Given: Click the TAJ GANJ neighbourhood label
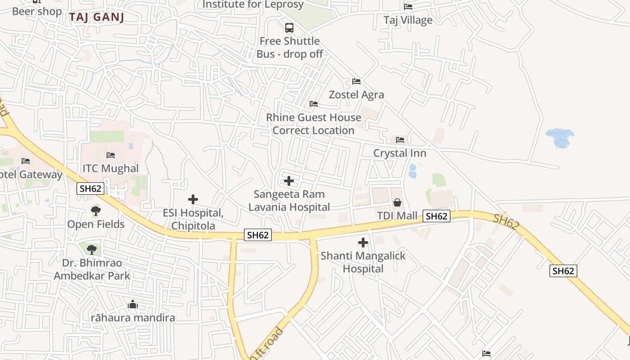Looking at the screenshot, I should [x=96, y=18].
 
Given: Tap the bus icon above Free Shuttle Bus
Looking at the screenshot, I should [x=289, y=28].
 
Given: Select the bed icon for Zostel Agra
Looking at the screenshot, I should [x=356, y=81].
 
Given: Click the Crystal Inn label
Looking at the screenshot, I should [x=400, y=153].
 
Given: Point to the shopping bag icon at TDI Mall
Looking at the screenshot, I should [x=397, y=203].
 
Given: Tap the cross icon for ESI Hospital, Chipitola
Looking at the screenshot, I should [x=193, y=199].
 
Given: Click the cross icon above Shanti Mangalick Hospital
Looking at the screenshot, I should [x=363, y=243].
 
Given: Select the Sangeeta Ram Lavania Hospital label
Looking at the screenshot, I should [x=289, y=201].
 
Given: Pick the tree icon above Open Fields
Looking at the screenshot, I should [x=96, y=211].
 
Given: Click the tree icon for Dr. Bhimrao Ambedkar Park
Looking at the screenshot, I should [x=92, y=249].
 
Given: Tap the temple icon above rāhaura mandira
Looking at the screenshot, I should [x=133, y=305].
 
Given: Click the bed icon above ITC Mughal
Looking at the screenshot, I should [x=111, y=155].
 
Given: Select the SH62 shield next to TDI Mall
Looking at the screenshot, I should [x=436, y=216].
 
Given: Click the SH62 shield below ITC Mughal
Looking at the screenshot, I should [x=90, y=189].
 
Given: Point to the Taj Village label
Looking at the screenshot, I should [x=408, y=20].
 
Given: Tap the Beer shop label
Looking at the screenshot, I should [x=37, y=11].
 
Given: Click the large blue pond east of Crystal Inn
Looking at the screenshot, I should [x=560, y=137].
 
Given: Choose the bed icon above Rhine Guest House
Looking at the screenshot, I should [x=314, y=104].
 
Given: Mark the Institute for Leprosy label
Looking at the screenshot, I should [x=253, y=5].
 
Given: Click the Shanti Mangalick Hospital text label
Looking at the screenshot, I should [x=363, y=262].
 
